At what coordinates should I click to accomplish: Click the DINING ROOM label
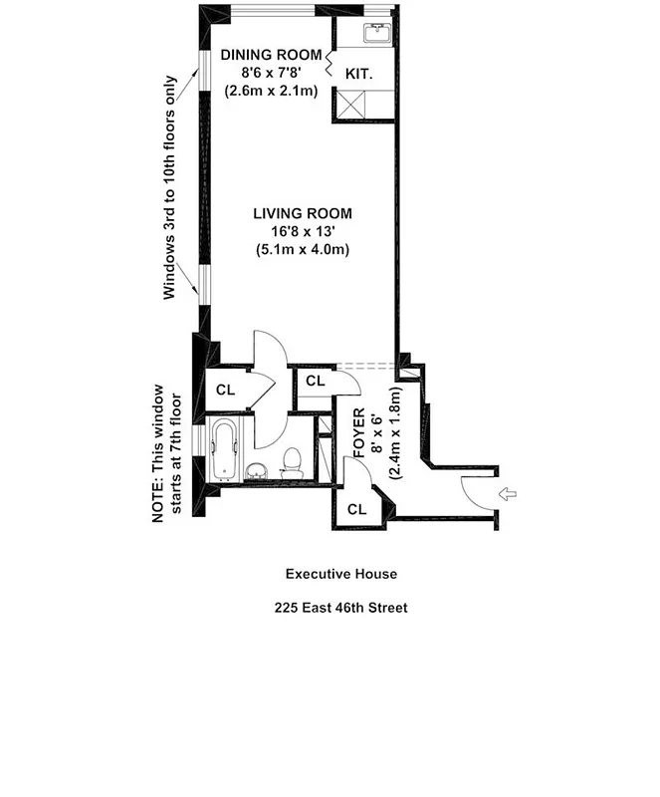(x=272, y=54)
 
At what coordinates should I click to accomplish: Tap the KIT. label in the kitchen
(x=358, y=73)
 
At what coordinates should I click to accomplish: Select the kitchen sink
(x=379, y=35)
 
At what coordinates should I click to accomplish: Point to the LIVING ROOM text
(x=302, y=213)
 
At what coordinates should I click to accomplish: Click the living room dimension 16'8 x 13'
(x=302, y=231)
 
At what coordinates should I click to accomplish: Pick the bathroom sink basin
(x=257, y=469)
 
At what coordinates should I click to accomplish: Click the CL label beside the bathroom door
(x=226, y=390)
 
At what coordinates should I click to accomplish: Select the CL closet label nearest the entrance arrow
(x=356, y=508)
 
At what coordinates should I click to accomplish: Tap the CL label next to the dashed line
(x=316, y=382)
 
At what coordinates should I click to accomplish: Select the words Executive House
(x=341, y=574)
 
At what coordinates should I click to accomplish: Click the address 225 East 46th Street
(x=341, y=607)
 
